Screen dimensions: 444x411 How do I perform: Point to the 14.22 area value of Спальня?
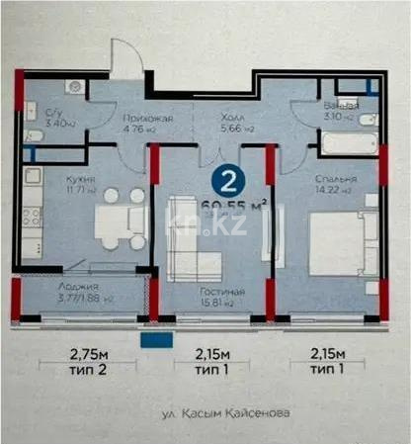(x=334, y=191)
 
